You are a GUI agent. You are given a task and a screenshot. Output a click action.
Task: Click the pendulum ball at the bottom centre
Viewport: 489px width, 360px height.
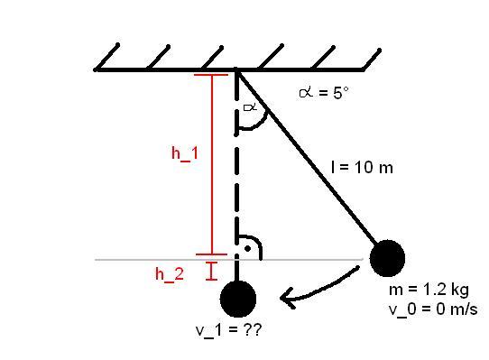238,299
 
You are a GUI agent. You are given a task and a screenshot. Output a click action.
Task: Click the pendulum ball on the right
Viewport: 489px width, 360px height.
387,258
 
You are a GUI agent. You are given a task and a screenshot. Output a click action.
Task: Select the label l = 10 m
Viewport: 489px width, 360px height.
362,167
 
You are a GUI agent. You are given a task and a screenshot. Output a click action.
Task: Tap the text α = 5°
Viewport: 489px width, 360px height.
324,93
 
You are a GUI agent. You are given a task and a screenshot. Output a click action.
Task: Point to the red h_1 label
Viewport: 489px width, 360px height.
185,153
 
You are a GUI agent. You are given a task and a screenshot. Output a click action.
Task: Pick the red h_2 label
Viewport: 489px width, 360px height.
170,274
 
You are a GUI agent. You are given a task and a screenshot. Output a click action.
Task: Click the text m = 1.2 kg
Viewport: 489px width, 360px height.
429,290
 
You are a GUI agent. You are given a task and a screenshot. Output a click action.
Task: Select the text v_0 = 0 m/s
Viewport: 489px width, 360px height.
433,309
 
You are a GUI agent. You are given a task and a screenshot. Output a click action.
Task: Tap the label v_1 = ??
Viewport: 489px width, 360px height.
228,330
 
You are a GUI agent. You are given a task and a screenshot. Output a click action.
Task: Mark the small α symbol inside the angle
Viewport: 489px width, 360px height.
250,107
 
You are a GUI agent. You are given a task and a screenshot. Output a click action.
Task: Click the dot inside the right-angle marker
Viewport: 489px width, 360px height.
247,249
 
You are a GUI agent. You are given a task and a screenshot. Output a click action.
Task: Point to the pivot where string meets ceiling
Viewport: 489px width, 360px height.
236,70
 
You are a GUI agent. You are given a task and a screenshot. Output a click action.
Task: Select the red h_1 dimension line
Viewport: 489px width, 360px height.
212,165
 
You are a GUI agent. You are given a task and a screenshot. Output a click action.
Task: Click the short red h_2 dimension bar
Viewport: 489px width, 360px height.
211,271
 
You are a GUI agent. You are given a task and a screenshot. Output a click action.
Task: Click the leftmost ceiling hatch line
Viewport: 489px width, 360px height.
106,58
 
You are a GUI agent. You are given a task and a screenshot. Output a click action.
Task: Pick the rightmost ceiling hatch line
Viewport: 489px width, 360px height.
372,60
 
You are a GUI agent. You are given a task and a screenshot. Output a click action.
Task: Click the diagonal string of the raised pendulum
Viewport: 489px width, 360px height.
307,158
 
